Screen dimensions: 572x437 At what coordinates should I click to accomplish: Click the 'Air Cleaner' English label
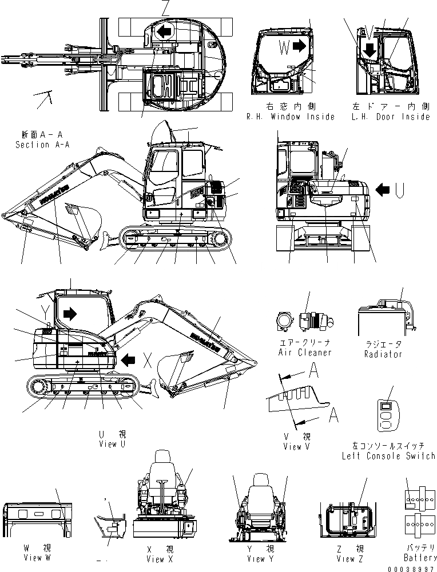(x=305, y=353)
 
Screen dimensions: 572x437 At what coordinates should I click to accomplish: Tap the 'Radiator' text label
(x=383, y=354)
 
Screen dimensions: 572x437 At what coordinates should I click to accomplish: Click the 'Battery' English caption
(x=420, y=557)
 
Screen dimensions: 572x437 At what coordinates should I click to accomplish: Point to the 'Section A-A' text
(x=42, y=145)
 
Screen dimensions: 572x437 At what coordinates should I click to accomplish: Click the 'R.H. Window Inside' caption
(x=291, y=117)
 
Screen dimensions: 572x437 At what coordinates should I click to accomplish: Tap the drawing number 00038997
(x=411, y=568)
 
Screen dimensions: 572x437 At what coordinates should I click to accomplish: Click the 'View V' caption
(x=296, y=446)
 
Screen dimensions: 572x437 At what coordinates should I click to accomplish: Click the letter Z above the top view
(x=165, y=7)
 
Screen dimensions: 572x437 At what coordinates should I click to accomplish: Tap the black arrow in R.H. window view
(x=299, y=46)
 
